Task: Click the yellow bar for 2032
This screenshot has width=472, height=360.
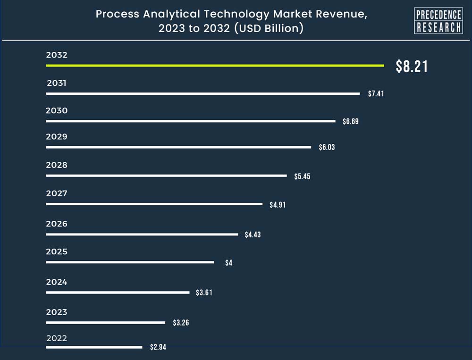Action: (215, 66)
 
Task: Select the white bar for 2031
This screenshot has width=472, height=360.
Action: (203, 93)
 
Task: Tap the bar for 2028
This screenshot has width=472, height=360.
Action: (166, 176)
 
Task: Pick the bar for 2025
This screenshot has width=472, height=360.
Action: (130, 262)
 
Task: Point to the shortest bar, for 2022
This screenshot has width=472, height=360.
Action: (94, 347)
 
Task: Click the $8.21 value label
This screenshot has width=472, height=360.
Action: (412, 67)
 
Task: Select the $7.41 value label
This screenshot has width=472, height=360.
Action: (376, 94)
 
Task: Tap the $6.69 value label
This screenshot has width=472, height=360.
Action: (351, 122)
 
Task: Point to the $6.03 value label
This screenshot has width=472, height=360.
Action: (327, 147)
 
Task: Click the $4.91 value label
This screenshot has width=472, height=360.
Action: (278, 205)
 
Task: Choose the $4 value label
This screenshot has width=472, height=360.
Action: (228, 263)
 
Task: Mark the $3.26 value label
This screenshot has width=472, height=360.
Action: (181, 323)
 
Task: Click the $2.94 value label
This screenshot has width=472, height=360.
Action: (158, 347)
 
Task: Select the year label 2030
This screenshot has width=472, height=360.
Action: (57, 111)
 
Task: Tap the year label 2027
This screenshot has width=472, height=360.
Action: (57, 193)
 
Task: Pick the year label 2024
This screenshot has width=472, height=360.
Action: (57, 282)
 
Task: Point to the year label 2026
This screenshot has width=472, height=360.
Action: (57, 224)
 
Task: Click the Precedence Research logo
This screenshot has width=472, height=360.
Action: (438, 21)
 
